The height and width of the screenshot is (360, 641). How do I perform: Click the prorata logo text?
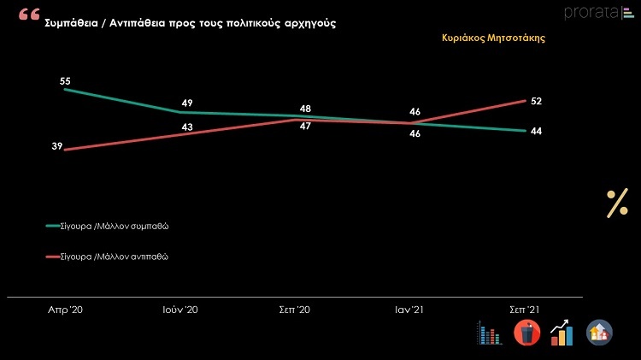pyautogui.click(x=589, y=12)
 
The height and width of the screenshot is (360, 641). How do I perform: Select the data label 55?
pyautogui.click(x=65, y=80)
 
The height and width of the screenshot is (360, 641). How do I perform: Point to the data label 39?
pyautogui.click(x=56, y=147)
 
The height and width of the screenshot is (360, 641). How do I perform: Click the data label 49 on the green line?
pyautogui.click(x=187, y=103)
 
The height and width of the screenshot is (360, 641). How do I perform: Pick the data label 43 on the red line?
pyautogui.click(x=187, y=127)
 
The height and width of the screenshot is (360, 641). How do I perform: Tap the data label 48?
pyautogui.click(x=305, y=109)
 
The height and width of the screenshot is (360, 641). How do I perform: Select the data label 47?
pyautogui.click(x=305, y=126)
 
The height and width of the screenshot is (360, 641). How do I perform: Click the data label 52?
pyautogui.click(x=536, y=101)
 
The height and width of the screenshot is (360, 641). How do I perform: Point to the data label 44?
pyautogui.click(x=536, y=131)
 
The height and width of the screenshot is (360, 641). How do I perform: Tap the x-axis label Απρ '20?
pyautogui.click(x=65, y=310)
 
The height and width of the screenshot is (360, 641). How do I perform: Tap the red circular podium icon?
pyautogui.click(x=526, y=333)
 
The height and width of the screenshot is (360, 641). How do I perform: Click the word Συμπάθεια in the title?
pyautogui.click(x=74, y=24)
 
